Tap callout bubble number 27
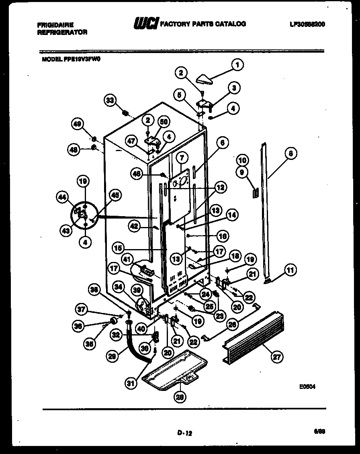(277, 357)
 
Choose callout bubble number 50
(163, 122)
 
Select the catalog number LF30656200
(307, 24)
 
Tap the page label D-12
(184, 433)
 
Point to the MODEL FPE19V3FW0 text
(71, 59)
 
